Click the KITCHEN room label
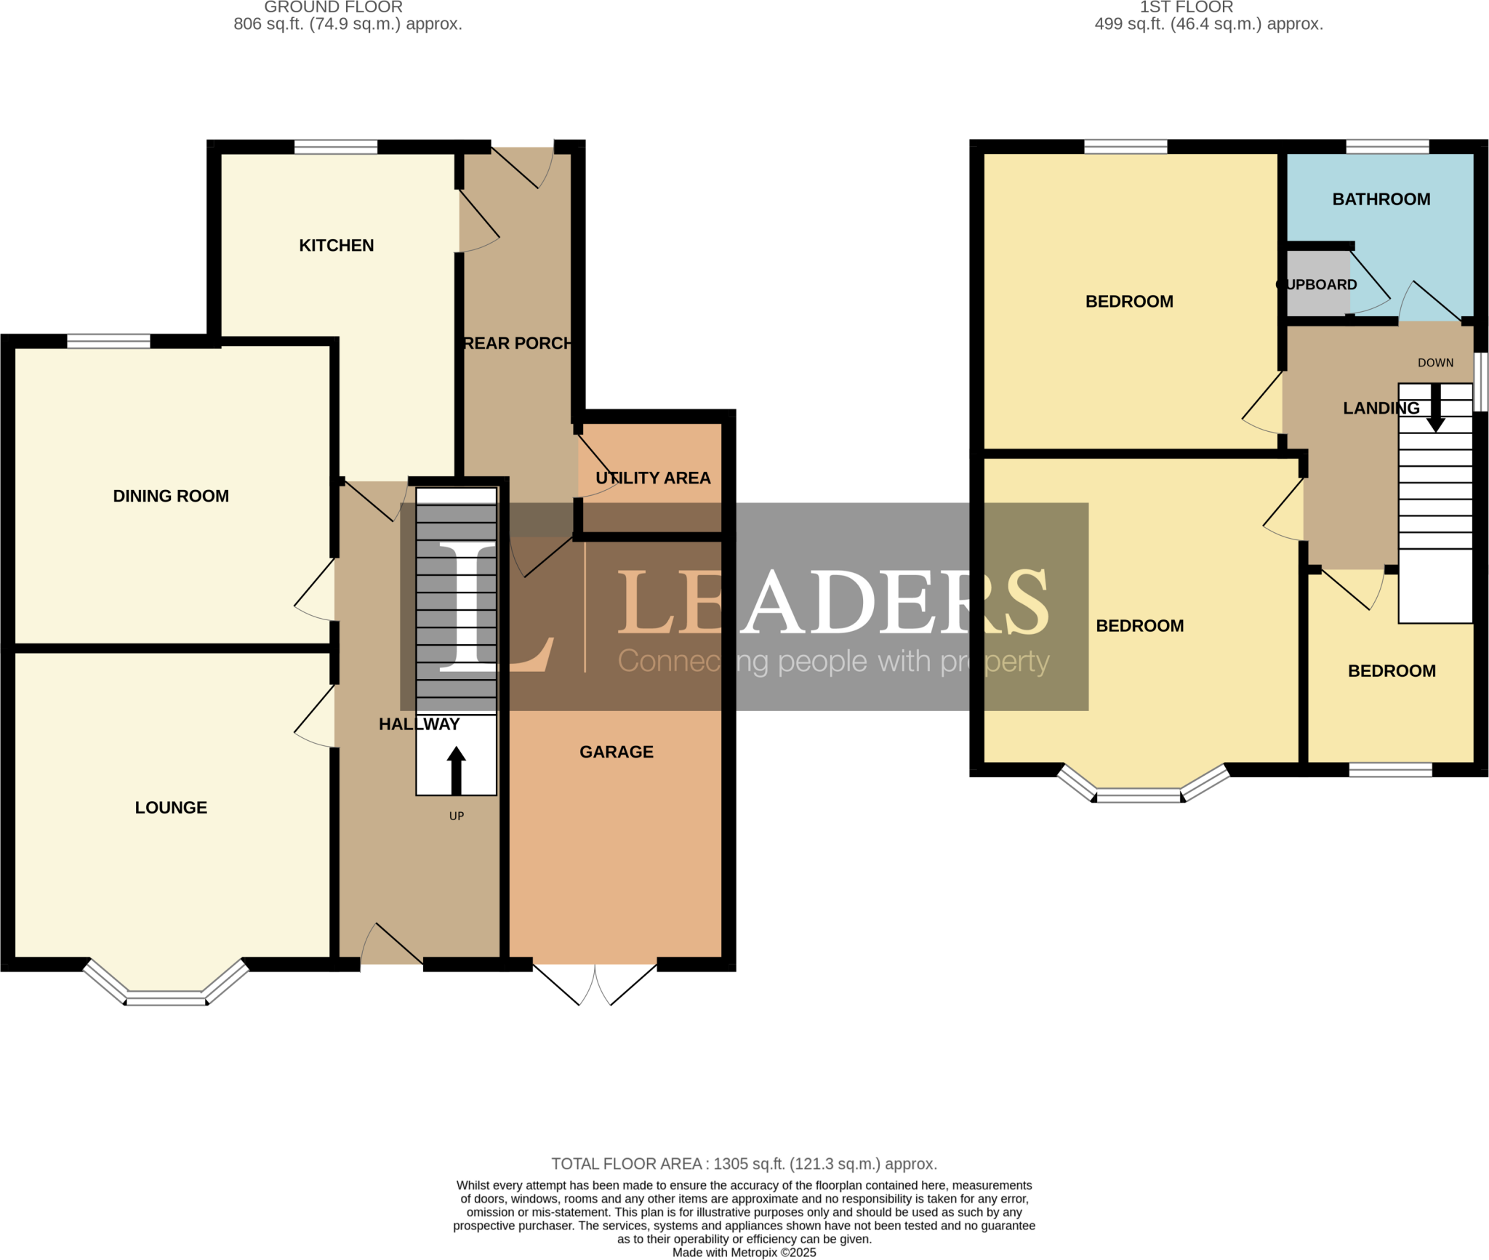[336, 245]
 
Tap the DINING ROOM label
[171, 496]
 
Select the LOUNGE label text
[171, 807]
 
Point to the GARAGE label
[616, 752]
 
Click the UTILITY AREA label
[652, 478]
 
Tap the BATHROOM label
[1381, 199]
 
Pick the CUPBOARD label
[1317, 284]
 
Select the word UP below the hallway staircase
[456, 816]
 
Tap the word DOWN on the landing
[1435, 363]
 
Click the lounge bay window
[166, 996]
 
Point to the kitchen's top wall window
[335, 148]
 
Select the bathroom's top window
[1386, 147]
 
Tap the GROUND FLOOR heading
[333, 7]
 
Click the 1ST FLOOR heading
[1186, 7]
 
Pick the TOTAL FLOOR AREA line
[744, 1164]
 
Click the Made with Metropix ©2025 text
[744, 1253]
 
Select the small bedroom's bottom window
[1390, 769]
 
